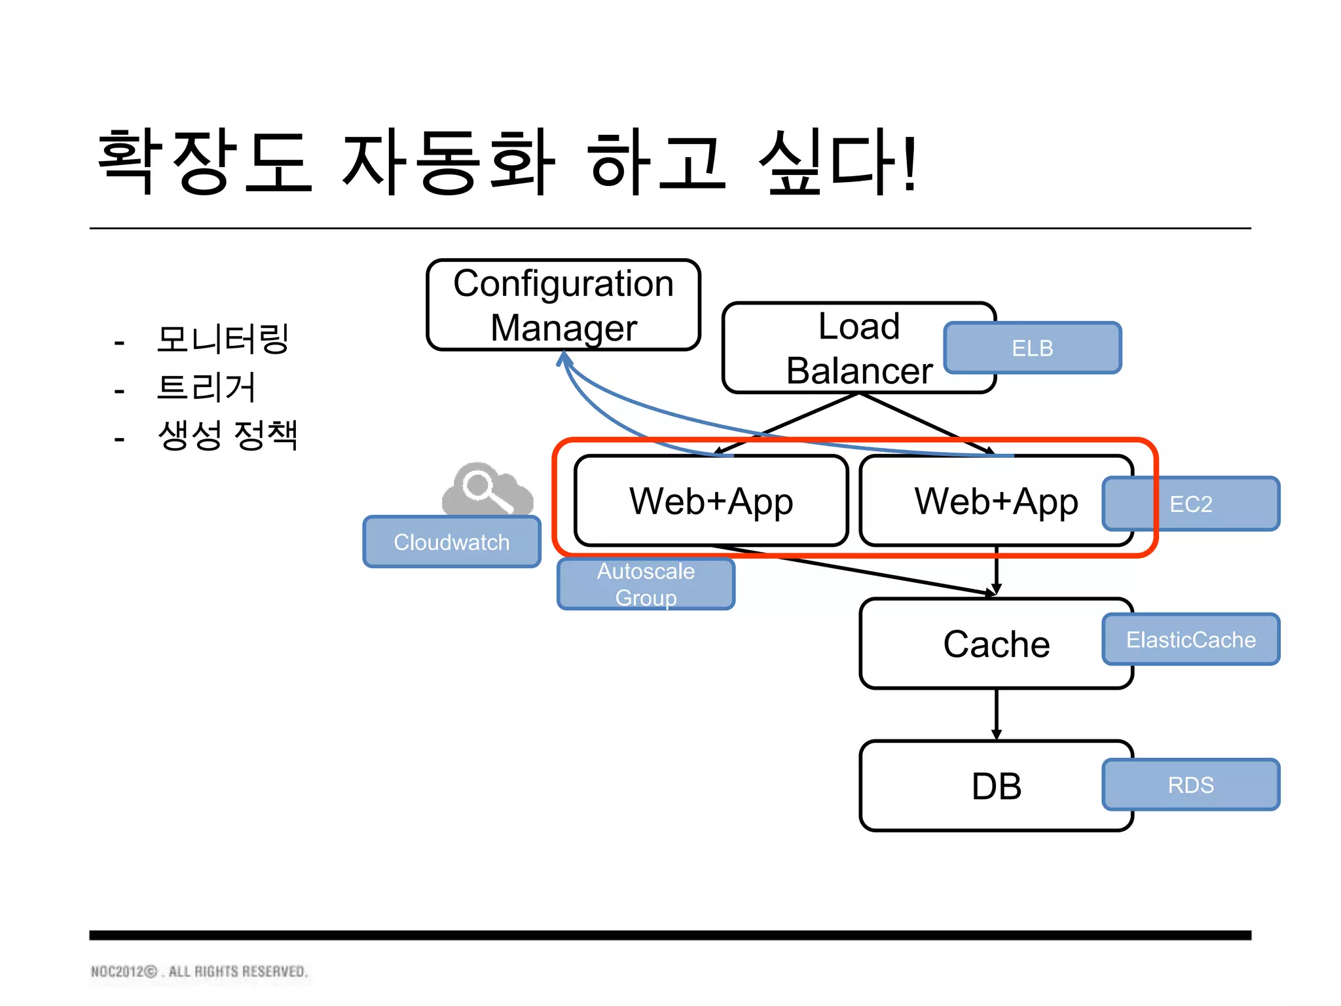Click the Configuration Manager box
click(x=563, y=305)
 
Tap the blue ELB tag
click(x=1032, y=348)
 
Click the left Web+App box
click(x=711, y=501)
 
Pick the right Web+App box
click(x=982, y=501)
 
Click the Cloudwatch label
click(x=452, y=542)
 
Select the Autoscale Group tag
click(x=646, y=584)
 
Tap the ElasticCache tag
click(x=1190, y=639)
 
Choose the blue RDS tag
click(x=1190, y=785)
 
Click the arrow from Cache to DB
click(x=997, y=714)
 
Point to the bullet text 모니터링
click(x=223, y=339)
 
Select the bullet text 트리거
click(x=206, y=387)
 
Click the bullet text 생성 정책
click(x=227, y=435)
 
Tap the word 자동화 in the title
click(x=448, y=162)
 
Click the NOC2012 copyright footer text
click(x=199, y=971)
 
